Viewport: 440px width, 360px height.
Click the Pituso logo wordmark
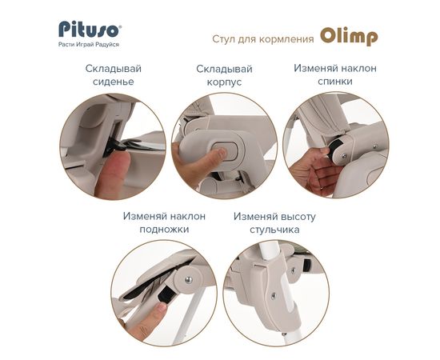pos(88,29)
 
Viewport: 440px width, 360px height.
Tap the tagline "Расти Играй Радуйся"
pos(89,45)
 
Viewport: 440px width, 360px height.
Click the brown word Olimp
pos(349,37)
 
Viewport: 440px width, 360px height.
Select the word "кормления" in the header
pos(286,39)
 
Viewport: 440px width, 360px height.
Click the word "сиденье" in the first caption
pos(114,82)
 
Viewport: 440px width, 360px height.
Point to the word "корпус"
pos(224,82)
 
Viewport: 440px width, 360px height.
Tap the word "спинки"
pos(335,82)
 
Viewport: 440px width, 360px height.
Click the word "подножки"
pos(164,230)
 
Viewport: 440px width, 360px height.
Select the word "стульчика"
pos(274,230)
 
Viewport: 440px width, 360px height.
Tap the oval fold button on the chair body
pos(226,151)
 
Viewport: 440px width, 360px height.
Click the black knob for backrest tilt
pos(335,150)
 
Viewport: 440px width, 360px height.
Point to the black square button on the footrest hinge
pos(166,294)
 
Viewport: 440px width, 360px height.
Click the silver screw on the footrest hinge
pos(189,279)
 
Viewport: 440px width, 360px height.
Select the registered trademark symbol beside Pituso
pos(120,26)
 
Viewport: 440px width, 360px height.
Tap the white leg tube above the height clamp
pos(270,252)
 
